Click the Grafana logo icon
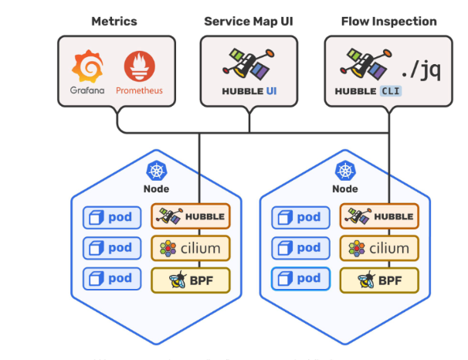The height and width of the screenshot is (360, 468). click(86, 69)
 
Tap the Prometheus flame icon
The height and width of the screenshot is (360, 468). click(139, 69)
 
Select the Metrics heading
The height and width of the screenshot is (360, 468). click(114, 22)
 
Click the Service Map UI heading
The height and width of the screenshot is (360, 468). click(249, 22)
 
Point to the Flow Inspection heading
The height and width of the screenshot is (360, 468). click(388, 22)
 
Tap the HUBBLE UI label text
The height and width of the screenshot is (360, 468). click(249, 91)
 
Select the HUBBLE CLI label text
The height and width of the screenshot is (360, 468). click(368, 91)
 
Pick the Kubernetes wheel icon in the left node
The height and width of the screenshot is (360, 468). click(156, 172)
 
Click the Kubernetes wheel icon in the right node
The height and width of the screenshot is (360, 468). click(344, 172)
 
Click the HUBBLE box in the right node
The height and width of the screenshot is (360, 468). click(379, 217)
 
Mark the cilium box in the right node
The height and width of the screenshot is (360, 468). click(379, 249)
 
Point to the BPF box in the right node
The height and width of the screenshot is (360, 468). click(379, 280)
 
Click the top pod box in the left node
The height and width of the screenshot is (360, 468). click(113, 217)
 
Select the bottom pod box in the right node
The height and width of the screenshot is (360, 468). click(301, 279)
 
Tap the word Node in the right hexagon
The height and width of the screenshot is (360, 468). click(344, 188)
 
